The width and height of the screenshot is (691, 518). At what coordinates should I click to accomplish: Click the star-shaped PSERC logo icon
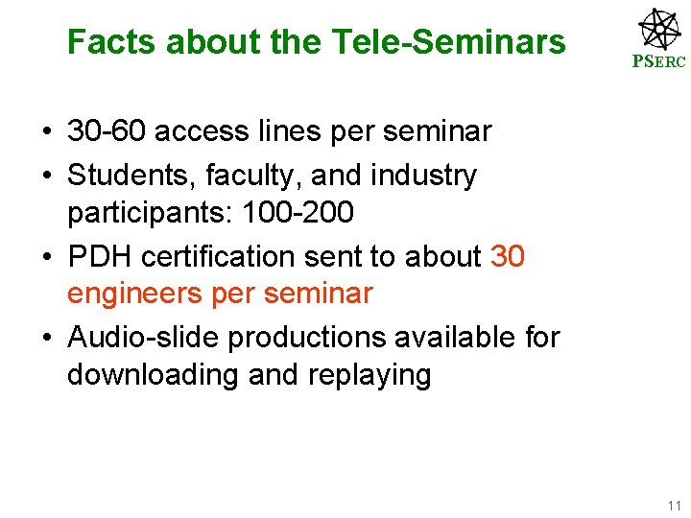click(x=659, y=29)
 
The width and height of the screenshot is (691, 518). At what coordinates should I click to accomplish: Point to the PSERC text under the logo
click(x=658, y=64)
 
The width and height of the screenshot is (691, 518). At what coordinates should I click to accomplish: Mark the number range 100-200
click(x=312, y=211)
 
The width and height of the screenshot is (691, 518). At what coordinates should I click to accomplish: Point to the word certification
click(x=215, y=257)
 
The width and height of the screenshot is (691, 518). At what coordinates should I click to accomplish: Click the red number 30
click(x=508, y=257)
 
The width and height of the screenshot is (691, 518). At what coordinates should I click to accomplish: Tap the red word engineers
click(x=141, y=293)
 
